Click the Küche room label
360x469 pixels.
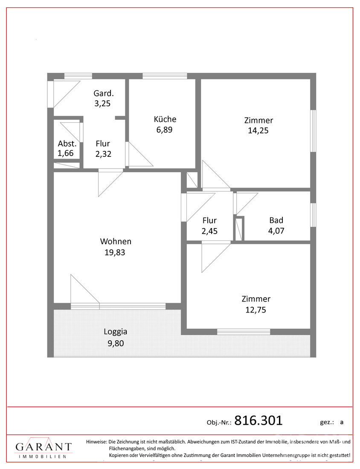click(165, 119)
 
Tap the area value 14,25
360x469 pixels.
click(258, 131)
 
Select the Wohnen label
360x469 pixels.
click(116, 241)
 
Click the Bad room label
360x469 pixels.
click(276, 220)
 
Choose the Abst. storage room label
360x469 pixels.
click(67, 144)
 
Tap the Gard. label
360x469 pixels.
click(104, 93)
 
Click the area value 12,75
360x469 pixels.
click(255, 310)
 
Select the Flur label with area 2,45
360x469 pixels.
click(209, 220)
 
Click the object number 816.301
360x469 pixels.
click(258, 420)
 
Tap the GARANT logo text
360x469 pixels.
click(44, 447)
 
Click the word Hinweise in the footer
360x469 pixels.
click(96, 442)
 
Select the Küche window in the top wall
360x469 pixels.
click(165, 76)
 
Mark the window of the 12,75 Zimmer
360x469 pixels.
click(244, 331)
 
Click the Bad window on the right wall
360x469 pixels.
click(313, 214)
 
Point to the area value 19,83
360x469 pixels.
click(115, 252)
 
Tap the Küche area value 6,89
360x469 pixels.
click(165, 130)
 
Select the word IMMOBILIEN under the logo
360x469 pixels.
click(43, 457)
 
